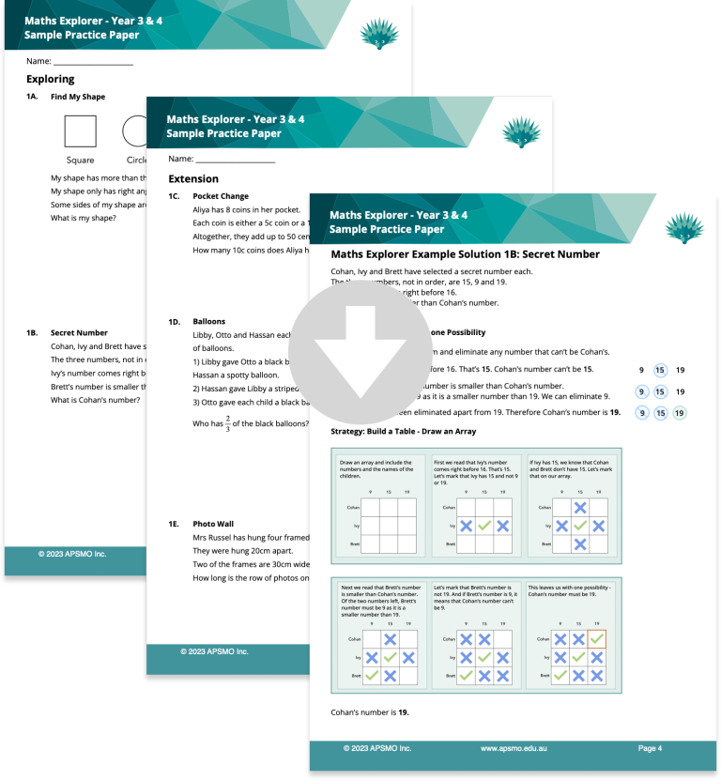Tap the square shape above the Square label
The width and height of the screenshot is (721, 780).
click(80, 131)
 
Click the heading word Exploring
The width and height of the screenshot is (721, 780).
click(51, 79)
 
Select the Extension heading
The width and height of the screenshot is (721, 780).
click(193, 178)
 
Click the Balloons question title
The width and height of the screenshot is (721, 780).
click(208, 321)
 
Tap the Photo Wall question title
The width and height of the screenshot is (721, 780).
click(215, 524)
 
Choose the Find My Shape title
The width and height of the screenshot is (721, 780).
click(78, 97)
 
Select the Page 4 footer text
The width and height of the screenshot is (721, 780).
click(651, 748)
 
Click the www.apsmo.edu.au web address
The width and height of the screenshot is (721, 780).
click(514, 748)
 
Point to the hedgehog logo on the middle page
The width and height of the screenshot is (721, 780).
click(521, 132)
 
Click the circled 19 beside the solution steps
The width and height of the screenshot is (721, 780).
click(681, 413)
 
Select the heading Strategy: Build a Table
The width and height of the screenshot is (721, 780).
click(404, 432)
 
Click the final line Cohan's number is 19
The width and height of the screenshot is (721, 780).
click(370, 712)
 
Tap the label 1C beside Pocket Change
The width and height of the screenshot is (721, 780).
click(174, 196)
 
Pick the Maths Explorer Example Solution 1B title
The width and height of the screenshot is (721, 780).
click(465, 254)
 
